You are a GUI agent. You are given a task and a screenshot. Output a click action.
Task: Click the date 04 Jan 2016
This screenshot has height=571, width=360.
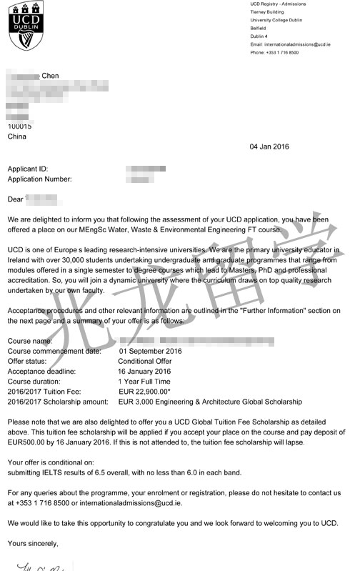269,147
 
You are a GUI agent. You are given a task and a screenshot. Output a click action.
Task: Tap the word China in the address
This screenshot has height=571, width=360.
17,135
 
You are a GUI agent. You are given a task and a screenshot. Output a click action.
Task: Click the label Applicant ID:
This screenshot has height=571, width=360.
28,169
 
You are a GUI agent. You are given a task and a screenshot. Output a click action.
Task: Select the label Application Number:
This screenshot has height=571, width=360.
39,179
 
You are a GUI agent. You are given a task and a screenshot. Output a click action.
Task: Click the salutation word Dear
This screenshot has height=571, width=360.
15,199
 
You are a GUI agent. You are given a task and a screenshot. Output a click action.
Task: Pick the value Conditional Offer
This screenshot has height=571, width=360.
147,362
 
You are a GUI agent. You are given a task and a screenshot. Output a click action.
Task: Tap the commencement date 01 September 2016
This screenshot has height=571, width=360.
151,351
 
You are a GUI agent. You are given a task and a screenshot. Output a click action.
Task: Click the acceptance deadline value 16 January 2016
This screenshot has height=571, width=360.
144,372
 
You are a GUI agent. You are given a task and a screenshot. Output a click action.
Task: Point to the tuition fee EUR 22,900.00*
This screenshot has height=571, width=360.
147,392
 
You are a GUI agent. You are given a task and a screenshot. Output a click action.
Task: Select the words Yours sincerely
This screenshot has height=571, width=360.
33,544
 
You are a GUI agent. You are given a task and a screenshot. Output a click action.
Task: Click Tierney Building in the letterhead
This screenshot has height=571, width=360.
267,11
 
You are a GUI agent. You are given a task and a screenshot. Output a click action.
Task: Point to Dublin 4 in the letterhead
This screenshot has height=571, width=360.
259,36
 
